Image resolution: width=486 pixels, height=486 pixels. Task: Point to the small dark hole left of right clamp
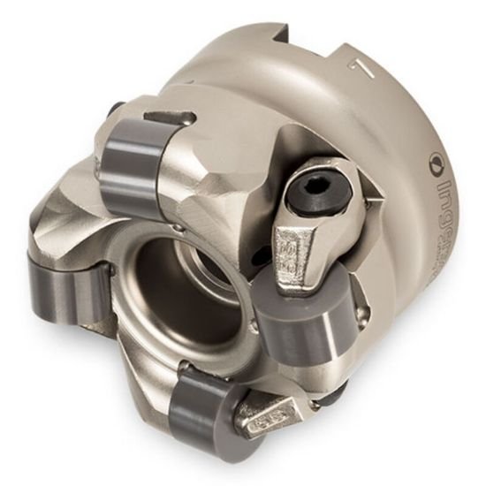262,256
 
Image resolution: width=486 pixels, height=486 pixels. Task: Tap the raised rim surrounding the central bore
141,292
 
